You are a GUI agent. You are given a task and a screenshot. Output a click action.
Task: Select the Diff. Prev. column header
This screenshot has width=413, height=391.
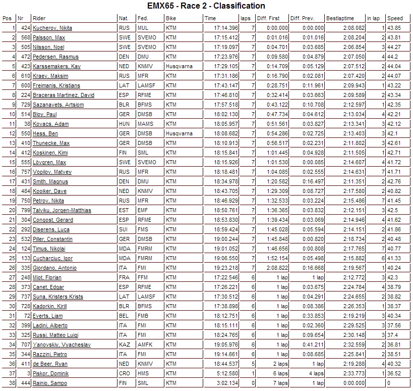302,18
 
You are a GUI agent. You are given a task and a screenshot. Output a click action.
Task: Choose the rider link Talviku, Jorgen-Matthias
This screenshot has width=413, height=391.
62,210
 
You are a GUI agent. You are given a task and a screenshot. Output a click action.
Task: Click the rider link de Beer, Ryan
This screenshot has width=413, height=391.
50,364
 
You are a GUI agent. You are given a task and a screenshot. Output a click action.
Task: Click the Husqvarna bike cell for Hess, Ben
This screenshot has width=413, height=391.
179,133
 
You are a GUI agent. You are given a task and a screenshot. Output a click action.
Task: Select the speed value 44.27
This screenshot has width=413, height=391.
394,47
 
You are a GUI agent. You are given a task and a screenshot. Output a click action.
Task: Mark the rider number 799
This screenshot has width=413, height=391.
26,210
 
